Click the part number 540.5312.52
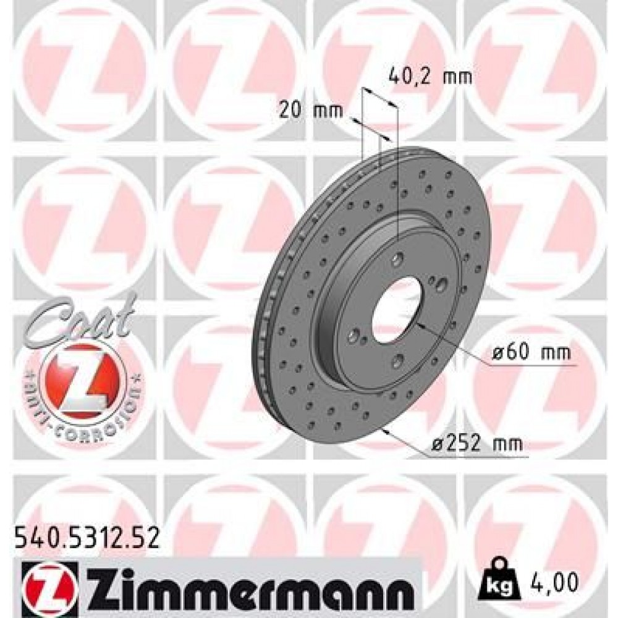pos(86,538)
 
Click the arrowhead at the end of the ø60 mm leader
pos(418,323)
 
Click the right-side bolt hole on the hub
pos(441,285)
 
